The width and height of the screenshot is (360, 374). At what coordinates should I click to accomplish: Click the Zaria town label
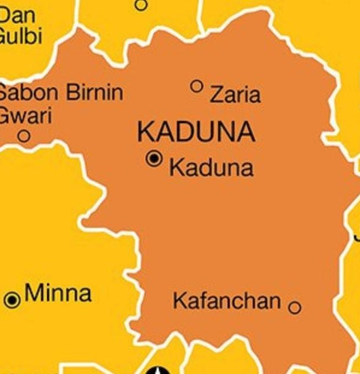click(x=235, y=94)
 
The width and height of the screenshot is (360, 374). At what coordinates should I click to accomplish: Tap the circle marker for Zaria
click(x=197, y=86)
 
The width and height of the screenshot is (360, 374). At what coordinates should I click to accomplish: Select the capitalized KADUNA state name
click(x=196, y=132)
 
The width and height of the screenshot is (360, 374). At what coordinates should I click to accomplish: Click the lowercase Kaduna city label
click(x=211, y=168)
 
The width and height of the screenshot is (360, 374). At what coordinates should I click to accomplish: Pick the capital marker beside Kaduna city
click(x=154, y=159)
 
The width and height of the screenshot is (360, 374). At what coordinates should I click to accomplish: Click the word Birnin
click(x=94, y=93)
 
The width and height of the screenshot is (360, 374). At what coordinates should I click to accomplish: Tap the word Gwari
click(x=24, y=115)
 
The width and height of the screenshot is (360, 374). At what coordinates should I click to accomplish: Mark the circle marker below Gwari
click(x=24, y=136)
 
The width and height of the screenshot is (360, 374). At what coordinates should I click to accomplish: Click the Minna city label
click(x=58, y=293)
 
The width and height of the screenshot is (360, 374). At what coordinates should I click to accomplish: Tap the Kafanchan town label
click(x=227, y=301)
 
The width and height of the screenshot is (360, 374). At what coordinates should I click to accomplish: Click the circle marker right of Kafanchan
click(x=294, y=308)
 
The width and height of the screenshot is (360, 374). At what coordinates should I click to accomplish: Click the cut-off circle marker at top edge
click(x=141, y=5)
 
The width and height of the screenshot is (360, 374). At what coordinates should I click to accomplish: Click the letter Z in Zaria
click(x=215, y=94)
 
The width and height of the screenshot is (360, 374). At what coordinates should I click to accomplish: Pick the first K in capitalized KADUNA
click(x=145, y=132)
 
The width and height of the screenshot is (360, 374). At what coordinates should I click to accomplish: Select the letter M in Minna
click(x=35, y=293)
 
